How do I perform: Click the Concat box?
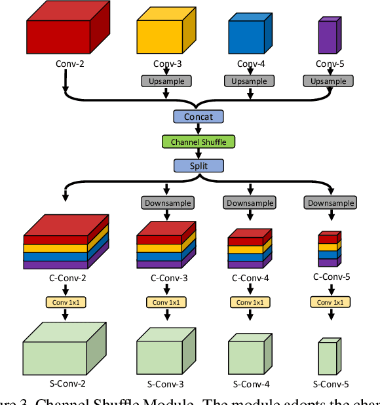198,117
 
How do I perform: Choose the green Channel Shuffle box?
198,142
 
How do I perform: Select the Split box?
198,166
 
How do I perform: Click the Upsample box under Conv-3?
166,81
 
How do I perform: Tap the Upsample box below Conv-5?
328,81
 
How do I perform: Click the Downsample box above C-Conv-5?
331,203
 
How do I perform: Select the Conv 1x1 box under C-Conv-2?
66,302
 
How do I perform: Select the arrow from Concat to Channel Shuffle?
198,129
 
